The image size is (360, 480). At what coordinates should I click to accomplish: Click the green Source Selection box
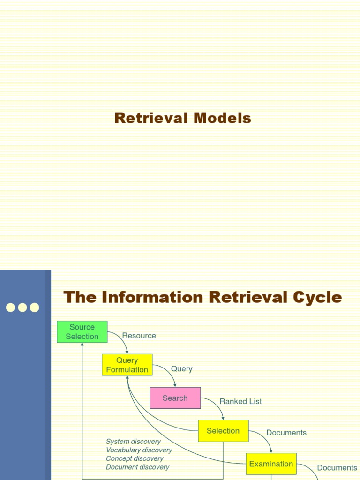point(82,332)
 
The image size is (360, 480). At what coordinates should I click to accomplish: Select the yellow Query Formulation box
point(127,365)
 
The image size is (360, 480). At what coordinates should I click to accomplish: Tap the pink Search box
point(175,398)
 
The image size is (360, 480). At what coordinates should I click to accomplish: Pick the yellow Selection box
point(223,431)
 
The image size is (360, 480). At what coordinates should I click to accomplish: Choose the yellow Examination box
point(271,464)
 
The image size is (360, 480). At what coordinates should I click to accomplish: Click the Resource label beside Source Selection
point(139,336)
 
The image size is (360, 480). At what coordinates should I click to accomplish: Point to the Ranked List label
point(240,401)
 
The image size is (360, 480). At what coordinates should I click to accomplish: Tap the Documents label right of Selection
point(286,433)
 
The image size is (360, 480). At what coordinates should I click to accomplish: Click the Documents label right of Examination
point(337,467)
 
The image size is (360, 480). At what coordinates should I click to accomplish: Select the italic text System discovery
point(133,442)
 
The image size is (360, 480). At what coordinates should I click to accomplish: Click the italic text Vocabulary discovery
point(139,450)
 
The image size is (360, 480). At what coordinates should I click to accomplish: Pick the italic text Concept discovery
point(135,458)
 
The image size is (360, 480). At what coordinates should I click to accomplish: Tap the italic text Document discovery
point(137,467)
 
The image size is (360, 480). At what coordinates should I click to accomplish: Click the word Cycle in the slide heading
point(316,297)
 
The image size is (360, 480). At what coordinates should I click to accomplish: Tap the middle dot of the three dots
point(22,307)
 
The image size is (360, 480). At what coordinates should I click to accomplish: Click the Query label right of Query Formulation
point(181,369)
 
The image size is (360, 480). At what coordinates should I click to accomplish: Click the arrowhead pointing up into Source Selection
point(82,345)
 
